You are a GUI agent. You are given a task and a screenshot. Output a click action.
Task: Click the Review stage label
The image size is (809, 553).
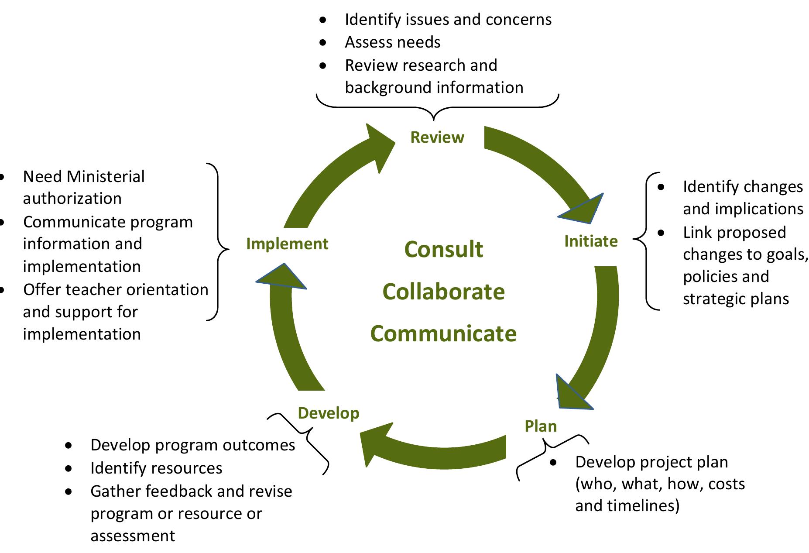click(x=437, y=137)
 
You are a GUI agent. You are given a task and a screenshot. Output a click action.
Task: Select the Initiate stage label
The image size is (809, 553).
click(x=591, y=241)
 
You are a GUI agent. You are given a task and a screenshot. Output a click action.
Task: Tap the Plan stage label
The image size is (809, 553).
click(x=541, y=426)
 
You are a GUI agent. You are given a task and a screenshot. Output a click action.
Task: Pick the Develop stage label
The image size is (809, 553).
click(x=329, y=413)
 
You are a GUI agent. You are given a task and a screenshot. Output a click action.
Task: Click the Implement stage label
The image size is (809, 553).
click(x=287, y=244)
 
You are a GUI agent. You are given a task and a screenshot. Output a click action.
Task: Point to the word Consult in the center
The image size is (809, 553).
click(x=444, y=250)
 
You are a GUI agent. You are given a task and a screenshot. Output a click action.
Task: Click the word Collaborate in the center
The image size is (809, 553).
click(x=444, y=292)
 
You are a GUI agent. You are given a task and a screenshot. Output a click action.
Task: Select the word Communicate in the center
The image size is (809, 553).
click(x=444, y=334)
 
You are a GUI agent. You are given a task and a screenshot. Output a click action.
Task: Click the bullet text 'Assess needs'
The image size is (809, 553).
click(x=392, y=42)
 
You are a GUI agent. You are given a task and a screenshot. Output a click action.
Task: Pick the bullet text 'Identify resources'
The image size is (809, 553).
click(x=156, y=468)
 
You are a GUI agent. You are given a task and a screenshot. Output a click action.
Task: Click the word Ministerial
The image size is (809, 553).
click(x=106, y=177)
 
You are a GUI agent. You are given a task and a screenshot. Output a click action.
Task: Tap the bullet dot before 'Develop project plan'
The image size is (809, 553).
click(x=553, y=462)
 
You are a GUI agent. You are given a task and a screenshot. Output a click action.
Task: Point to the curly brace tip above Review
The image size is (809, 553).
click(x=433, y=119)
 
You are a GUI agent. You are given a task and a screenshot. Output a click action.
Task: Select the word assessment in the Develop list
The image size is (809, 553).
click(x=133, y=536)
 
